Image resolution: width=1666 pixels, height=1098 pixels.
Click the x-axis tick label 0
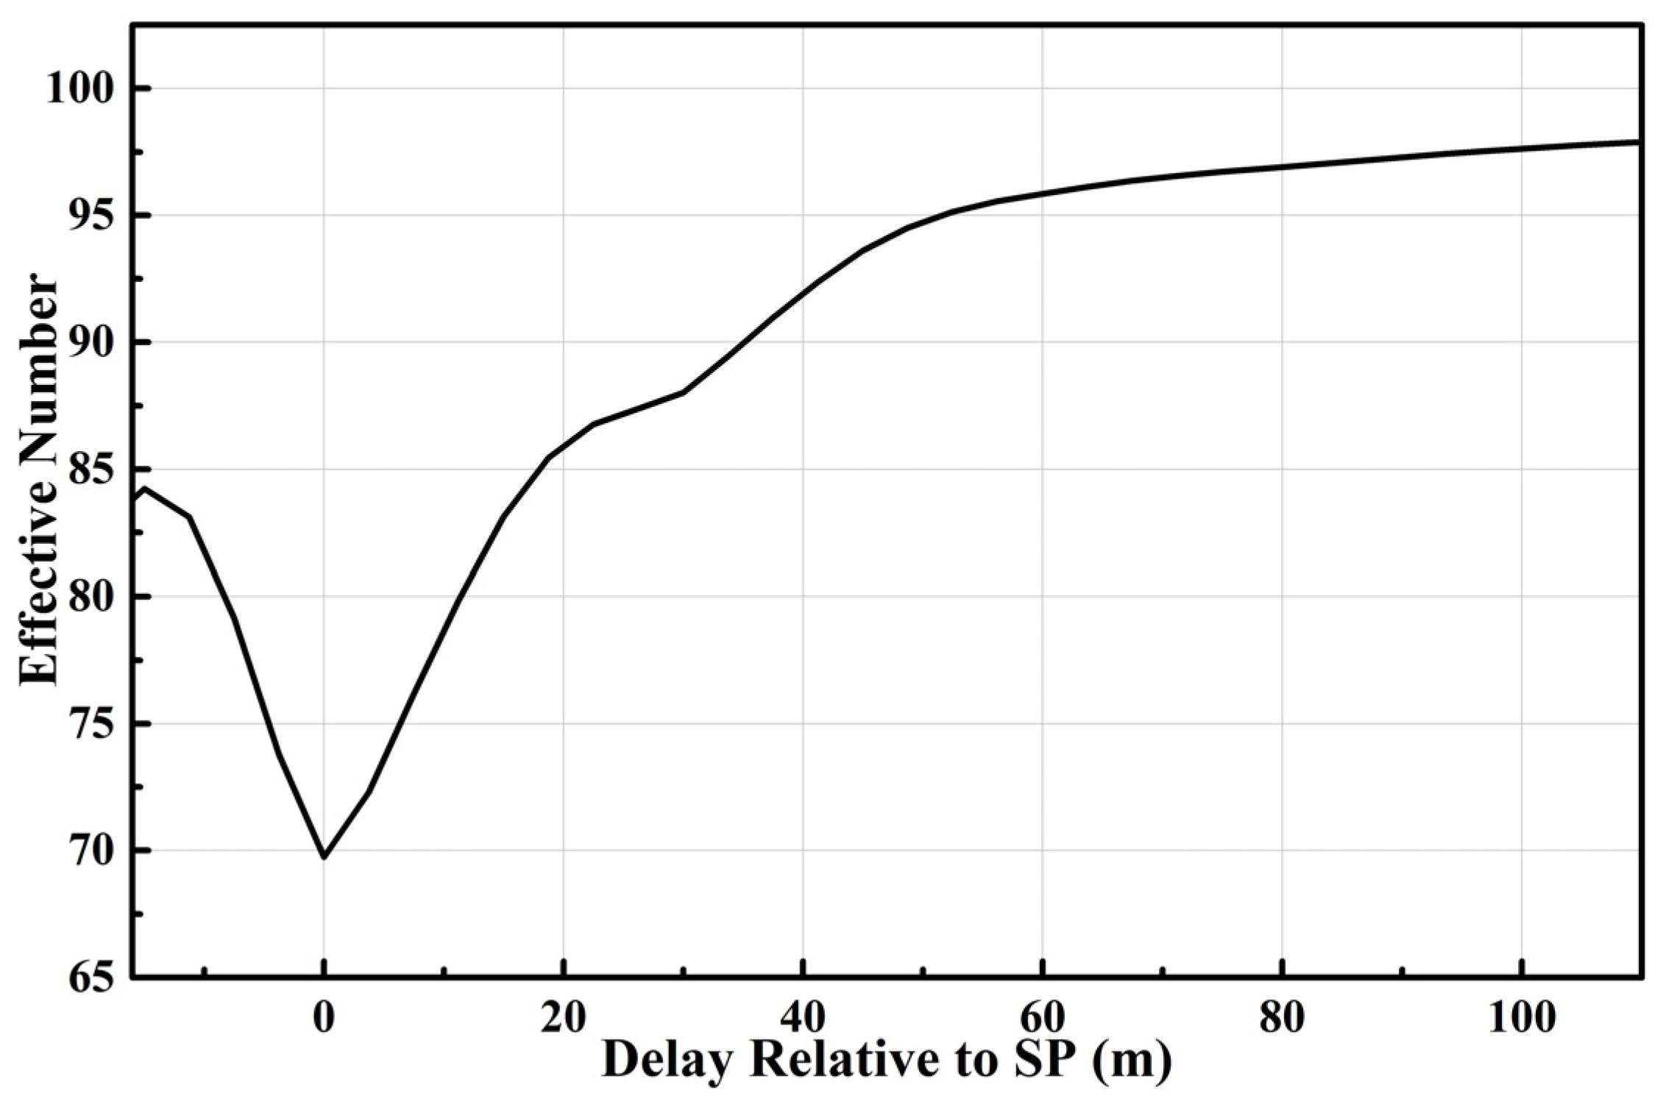(x=323, y=1018)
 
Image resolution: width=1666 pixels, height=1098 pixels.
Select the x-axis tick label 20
(x=563, y=1018)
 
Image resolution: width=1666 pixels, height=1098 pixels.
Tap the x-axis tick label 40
(x=803, y=1018)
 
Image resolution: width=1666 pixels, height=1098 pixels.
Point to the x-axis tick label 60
(x=1043, y=1018)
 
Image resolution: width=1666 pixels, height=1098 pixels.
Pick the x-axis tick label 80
(x=1283, y=1018)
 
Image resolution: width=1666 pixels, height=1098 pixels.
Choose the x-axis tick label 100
(x=1521, y=1018)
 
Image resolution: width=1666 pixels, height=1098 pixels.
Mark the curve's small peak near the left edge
(x=145, y=488)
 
